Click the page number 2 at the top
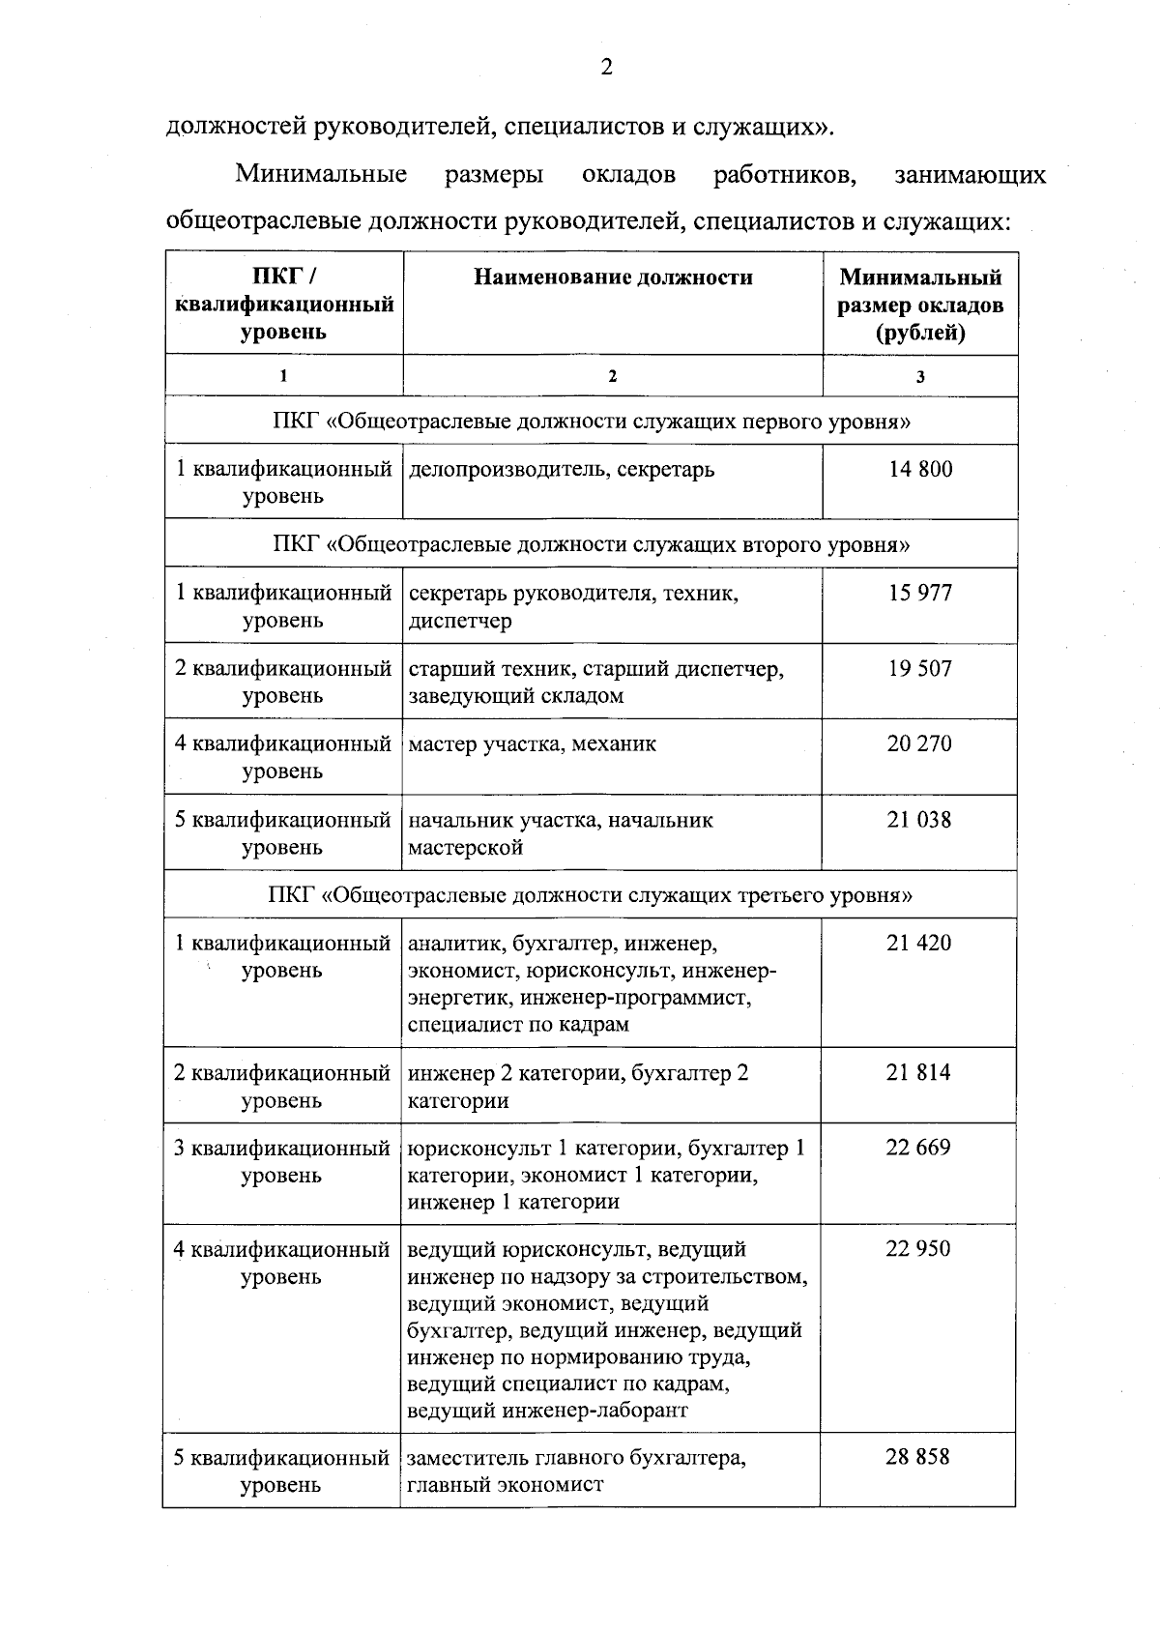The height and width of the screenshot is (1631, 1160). click(x=606, y=67)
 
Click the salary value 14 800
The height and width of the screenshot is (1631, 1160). click(x=920, y=470)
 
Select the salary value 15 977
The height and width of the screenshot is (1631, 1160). click(x=920, y=593)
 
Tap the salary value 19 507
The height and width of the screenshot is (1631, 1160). click(x=920, y=668)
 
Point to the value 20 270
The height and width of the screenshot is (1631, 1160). click(x=919, y=743)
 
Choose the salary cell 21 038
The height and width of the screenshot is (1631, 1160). click(x=919, y=820)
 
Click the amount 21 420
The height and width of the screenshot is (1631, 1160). click(x=919, y=943)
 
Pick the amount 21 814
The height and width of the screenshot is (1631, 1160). click(x=918, y=1072)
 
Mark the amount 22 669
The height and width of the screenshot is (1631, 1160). click(x=918, y=1148)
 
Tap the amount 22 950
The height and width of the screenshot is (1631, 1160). click(x=918, y=1249)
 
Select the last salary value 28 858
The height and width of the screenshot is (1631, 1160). click(x=917, y=1457)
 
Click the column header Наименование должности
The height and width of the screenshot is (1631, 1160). click(x=613, y=277)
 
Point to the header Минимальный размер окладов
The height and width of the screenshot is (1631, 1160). click(x=920, y=305)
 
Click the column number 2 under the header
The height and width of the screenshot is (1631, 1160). click(x=612, y=376)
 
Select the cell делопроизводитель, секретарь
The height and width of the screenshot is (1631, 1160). click(x=562, y=470)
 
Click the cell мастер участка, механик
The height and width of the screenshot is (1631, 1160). click(x=532, y=744)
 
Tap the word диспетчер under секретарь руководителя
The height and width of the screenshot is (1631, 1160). click(x=459, y=621)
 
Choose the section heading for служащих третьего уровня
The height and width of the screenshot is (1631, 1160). click(x=590, y=894)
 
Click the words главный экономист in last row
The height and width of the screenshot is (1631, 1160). click(x=505, y=1485)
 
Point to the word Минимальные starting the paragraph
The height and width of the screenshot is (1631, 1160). click(x=321, y=175)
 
